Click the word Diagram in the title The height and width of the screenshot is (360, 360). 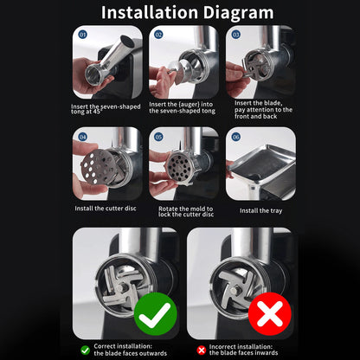[238, 13]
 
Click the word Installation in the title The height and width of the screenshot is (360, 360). [150, 12]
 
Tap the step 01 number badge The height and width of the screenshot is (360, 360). [83, 35]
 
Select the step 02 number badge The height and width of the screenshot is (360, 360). [158, 35]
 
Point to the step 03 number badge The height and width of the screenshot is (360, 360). [236, 35]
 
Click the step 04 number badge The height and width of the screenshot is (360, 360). [83, 137]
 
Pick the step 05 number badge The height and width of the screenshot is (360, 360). [158, 137]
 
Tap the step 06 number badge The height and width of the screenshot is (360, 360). [236, 137]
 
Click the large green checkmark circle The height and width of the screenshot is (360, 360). [156, 314]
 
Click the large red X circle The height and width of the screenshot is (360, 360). [270, 314]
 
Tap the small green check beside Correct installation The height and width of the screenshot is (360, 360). [86, 350]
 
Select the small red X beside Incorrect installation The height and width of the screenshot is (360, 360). [201, 350]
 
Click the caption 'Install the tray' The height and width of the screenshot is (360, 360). [260, 211]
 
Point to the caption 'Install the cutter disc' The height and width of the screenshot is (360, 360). [106, 209]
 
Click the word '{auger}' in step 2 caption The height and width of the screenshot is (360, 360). [190, 105]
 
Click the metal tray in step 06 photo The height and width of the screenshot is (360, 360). [261, 162]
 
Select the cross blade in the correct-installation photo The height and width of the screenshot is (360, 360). [121, 286]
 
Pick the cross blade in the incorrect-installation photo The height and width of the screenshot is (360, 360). [236, 286]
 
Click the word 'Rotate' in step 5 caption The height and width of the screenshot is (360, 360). [168, 209]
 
